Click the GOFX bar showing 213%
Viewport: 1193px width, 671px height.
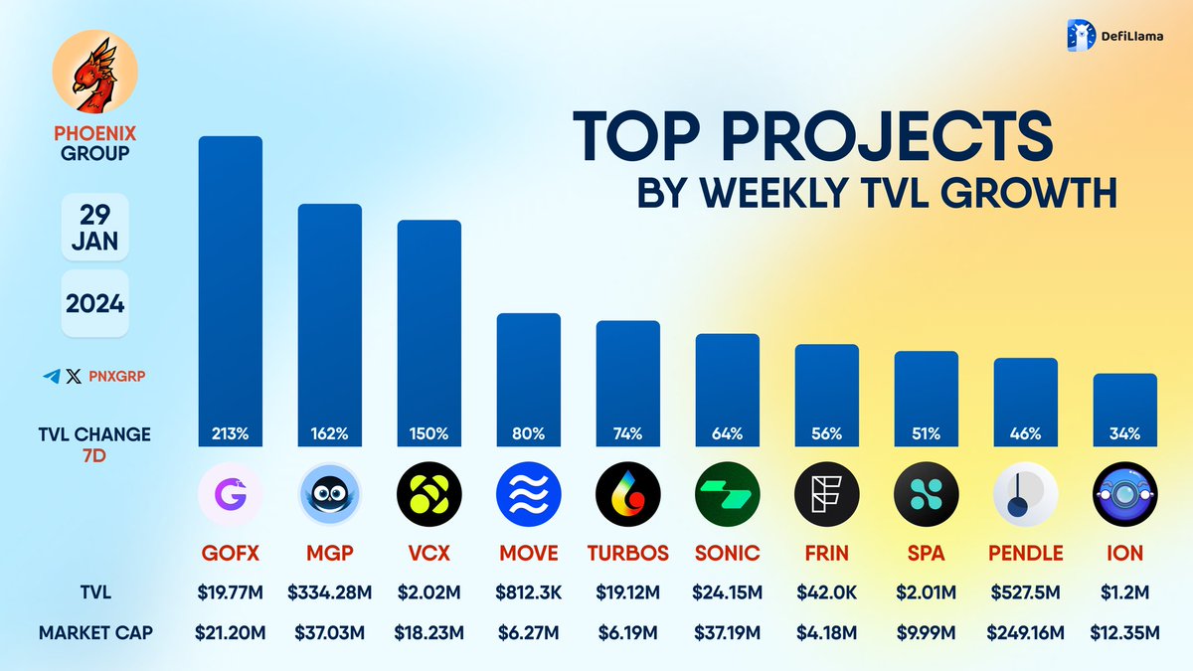tap(230, 288)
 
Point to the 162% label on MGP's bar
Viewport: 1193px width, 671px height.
tap(329, 434)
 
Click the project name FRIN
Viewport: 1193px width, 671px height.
tap(826, 553)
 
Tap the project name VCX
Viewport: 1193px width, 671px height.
tap(428, 553)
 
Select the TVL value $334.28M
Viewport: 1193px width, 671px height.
tap(329, 593)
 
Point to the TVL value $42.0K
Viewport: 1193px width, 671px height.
tap(826, 593)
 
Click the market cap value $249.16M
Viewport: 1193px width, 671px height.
tap(1025, 632)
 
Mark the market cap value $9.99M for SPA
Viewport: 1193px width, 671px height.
tap(926, 632)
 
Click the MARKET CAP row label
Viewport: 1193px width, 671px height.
tap(95, 632)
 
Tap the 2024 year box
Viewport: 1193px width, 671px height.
tap(95, 303)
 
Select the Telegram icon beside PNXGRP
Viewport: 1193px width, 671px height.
tap(52, 377)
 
